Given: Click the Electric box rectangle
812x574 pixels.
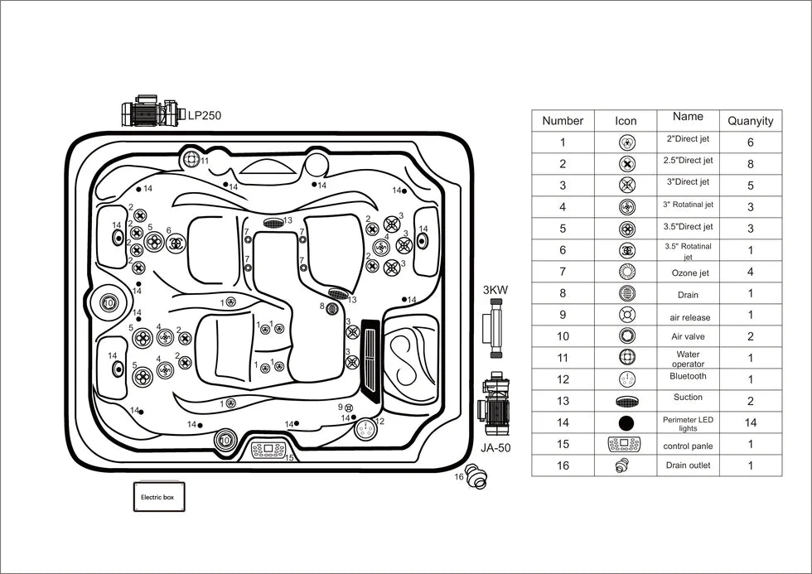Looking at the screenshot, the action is point(159,496).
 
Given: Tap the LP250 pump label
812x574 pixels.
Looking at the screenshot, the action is point(204,115).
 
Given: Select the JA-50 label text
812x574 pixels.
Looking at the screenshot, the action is point(495,448).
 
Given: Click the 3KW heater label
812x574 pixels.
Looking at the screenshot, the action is point(495,290).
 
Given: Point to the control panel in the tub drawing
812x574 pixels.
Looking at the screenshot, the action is point(268,449).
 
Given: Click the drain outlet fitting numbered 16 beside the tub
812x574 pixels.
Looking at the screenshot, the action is point(476,476).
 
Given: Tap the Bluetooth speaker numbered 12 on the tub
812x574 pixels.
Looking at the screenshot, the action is point(366,428).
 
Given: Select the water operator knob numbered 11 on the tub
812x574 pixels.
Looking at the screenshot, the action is point(191,159).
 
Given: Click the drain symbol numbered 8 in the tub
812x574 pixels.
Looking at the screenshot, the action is point(332,309).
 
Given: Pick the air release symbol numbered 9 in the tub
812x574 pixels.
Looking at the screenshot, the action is point(349,408).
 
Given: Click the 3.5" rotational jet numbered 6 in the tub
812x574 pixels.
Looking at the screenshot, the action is point(177,242).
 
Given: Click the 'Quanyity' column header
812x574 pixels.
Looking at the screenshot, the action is point(751,121).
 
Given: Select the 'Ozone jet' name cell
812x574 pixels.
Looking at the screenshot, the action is point(689,273).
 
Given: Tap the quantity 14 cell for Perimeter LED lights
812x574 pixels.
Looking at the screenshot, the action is point(751,422).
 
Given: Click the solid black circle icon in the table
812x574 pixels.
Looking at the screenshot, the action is point(626,423).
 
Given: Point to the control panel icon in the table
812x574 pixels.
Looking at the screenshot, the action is point(625,444).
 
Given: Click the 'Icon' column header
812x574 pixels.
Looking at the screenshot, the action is point(626,121).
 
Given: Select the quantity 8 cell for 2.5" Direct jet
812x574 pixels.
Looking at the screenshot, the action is point(751,163).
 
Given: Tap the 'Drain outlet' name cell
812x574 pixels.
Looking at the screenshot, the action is point(689,465).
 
